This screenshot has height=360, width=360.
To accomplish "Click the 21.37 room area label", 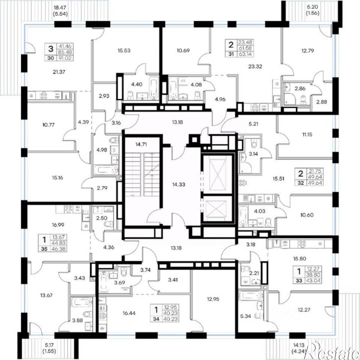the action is (x=59, y=72).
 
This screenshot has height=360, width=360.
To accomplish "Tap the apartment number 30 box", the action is (x=51, y=58).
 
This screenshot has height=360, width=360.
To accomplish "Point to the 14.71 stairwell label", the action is (x=141, y=144).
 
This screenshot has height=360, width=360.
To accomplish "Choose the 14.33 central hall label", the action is (x=179, y=184).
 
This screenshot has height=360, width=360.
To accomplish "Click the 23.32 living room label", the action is (x=255, y=67).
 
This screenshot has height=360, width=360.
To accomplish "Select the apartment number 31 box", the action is (x=231, y=54).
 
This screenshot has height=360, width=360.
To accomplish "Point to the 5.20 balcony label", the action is (x=313, y=7).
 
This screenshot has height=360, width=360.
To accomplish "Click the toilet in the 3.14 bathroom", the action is (x=254, y=143).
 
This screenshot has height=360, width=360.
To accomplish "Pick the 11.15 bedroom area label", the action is (x=307, y=135).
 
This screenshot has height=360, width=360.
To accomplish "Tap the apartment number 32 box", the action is (x=301, y=183).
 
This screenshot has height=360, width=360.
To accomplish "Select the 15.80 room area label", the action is (x=299, y=259).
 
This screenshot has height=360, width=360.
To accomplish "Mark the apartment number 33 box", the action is (x=299, y=281).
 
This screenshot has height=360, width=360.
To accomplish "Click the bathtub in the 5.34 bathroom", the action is (x=251, y=296).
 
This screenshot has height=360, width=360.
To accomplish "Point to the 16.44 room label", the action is (x=129, y=313).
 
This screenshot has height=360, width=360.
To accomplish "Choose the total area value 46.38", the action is (x=59, y=249).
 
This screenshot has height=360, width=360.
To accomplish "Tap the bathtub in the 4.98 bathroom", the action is (x=106, y=170).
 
